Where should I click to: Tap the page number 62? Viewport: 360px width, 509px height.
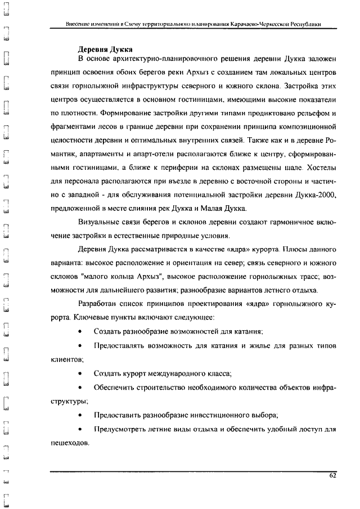(x=332, y=476)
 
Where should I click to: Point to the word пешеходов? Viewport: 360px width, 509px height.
(x=65, y=443)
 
